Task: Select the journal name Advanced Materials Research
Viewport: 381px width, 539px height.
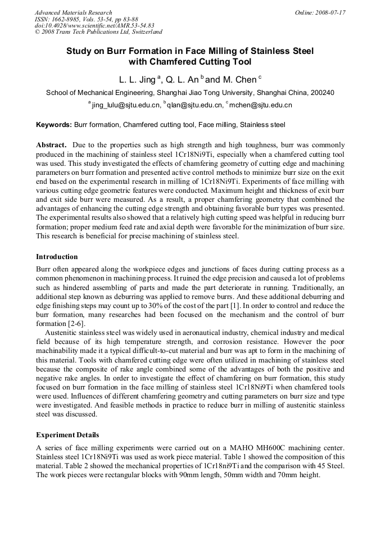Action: pyautogui.click(x=73, y=12)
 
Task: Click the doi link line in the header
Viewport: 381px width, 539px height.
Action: pyautogui.click(x=94, y=26)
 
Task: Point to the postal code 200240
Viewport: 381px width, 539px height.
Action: pyautogui.click(x=321, y=93)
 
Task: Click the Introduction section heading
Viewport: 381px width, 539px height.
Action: pyautogui.click(x=57, y=257)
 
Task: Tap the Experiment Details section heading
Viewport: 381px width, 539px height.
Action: pyautogui.click(x=67, y=435)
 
